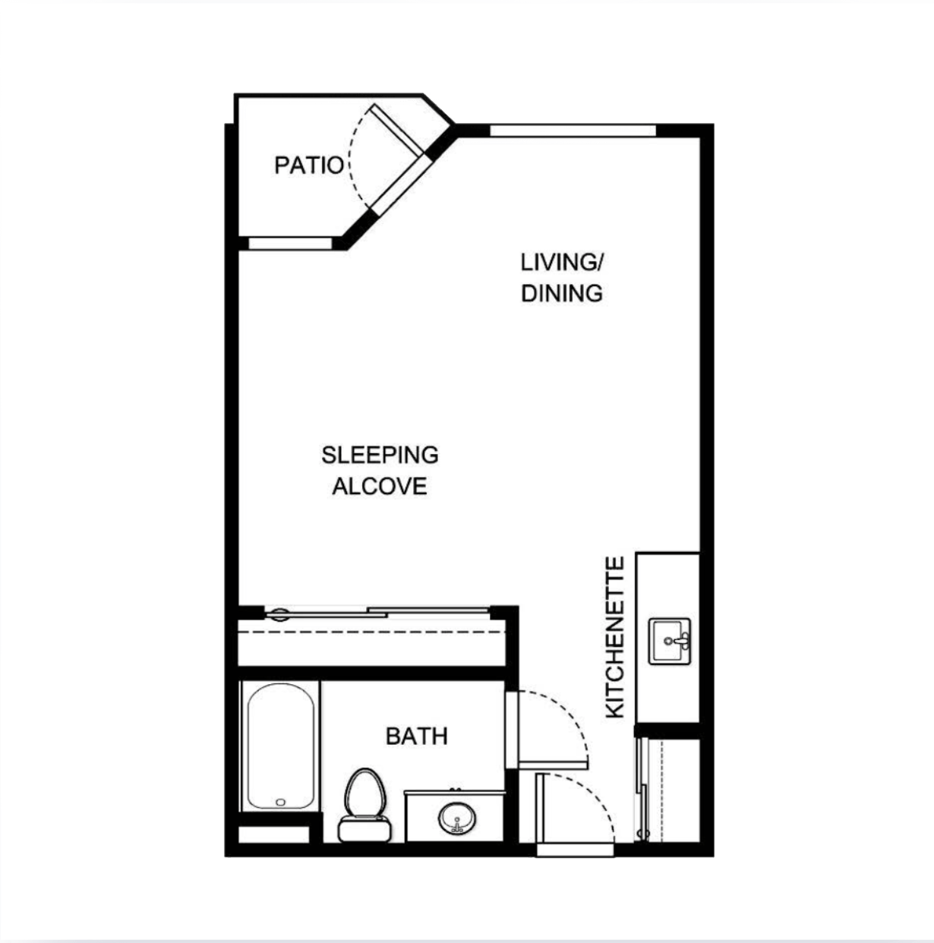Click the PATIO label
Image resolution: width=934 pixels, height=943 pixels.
(309, 166)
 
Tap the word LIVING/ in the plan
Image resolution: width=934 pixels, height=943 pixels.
(561, 263)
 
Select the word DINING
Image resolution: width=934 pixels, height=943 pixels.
(561, 293)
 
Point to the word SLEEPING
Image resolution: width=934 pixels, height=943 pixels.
(380, 455)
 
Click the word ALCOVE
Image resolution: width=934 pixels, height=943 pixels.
(380, 486)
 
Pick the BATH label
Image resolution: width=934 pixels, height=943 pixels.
(417, 736)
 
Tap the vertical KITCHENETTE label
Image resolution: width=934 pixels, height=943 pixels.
(615, 637)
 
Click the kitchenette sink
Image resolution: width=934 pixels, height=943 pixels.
(669, 641)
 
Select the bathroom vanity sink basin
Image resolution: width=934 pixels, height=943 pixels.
(456, 818)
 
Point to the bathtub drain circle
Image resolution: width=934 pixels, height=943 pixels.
(280, 802)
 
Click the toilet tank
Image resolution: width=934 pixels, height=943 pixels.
(364, 830)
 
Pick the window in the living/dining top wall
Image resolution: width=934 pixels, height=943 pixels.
(573, 131)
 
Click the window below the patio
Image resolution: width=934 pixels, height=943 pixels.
(290, 243)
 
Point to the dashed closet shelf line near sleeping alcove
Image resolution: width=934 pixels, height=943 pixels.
(372, 632)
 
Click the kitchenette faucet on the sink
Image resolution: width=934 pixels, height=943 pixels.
(678, 640)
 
